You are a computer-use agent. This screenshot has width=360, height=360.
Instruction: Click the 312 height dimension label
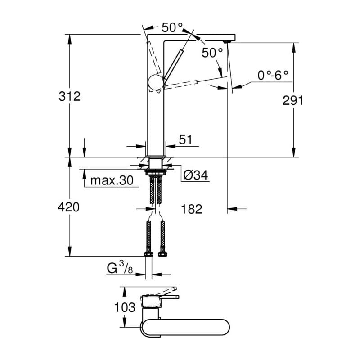(x=69, y=96)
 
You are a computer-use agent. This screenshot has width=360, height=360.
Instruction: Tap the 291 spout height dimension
(x=293, y=100)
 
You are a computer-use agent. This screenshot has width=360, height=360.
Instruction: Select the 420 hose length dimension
(x=69, y=207)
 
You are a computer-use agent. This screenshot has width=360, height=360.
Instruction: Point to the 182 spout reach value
(x=191, y=209)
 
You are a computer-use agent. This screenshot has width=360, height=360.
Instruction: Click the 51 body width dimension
(x=185, y=140)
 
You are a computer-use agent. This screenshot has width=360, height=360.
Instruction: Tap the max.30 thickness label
(x=112, y=181)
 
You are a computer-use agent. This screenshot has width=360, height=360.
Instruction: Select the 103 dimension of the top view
(x=125, y=307)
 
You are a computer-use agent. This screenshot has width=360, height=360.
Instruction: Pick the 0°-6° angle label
(x=273, y=75)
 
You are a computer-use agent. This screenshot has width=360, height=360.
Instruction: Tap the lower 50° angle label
(x=212, y=53)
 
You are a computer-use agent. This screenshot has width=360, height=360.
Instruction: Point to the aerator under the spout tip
(x=227, y=42)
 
